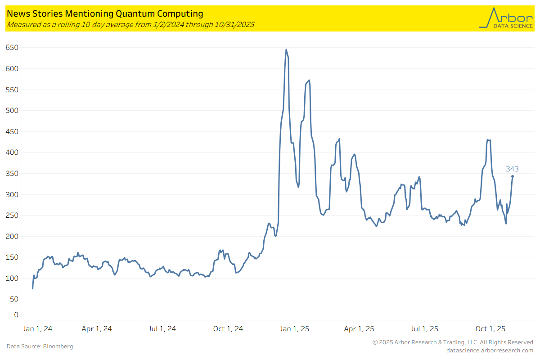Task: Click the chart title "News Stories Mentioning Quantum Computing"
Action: point(104,14)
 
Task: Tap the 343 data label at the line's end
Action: point(512,169)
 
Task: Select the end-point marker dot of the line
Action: point(512,176)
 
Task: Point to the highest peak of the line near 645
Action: point(286,50)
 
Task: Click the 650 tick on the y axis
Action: point(12,48)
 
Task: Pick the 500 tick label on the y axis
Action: point(12,111)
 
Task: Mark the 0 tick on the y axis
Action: point(16,315)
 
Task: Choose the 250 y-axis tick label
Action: point(12,216)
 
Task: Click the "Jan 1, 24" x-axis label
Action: point(37,329)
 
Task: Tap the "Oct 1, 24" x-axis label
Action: point(228,329)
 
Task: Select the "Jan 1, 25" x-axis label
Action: point(294,329)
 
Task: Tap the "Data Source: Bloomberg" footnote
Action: point(40,346)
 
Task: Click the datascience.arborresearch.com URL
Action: point(490,350)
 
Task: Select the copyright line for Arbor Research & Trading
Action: point(453,342)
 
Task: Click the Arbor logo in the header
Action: point(505,18)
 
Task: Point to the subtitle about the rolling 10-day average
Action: point(130,24)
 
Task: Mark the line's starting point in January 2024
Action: point(33,288)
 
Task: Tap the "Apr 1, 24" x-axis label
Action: point(97,329)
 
